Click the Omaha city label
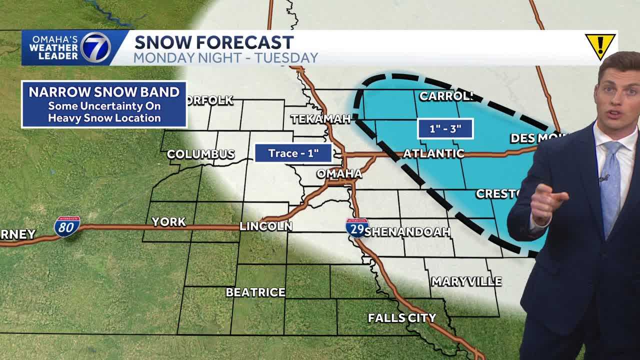pyautogui.click(x=339, y=173)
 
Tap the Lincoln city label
pyautogui.click(x=265, y=226)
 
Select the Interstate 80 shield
pyautogui.click(x=67, y=226)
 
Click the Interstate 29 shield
pyautogui.click(x=356, y=227)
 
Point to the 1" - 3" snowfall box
pyautogui.click(x=445, y=128)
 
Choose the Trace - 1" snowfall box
pyautogui.click(x=293, y=153)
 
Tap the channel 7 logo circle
pyautogui.click(x=95, y=47)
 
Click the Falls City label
pyautogui.click(x=402, y=317)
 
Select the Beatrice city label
pyautogui.click(x=255, y=292)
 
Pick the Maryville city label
pyautogui.click(x=466, y=281)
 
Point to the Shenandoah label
pyautogui.click(x=408, y=231)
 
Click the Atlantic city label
pyautogui.click(x=433, y=153)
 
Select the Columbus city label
pyautogui.click(x=200, y=154)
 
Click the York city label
pyautogui.click(x=168, y=221)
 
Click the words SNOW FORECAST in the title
pyautogui.click(x=213, y=42)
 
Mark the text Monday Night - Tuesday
pyautogui.click(x=225, y=57)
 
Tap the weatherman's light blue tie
pyautogui.click(x=611, y=185)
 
